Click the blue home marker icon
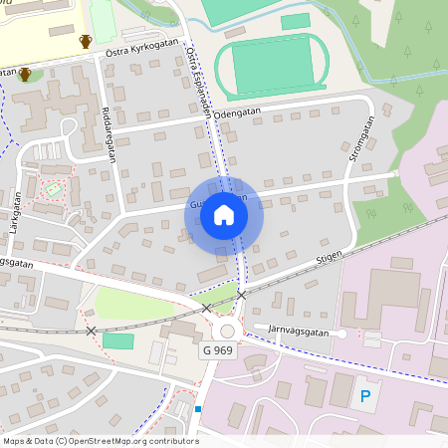click(x=224, y=215)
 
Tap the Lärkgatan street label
click(x=16, y=212)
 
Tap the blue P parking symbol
click(x=364, y=396)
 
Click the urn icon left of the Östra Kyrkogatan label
click(x=86, y=42)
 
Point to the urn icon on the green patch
click(x=25, y=75)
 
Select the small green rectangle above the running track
click(x=295, y=22)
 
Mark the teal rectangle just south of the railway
click(x=117, y=340)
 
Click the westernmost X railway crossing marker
click(x=92, y=330)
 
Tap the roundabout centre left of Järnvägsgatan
click(x=227, y=332)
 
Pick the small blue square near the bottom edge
click(x=198, y=409)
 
